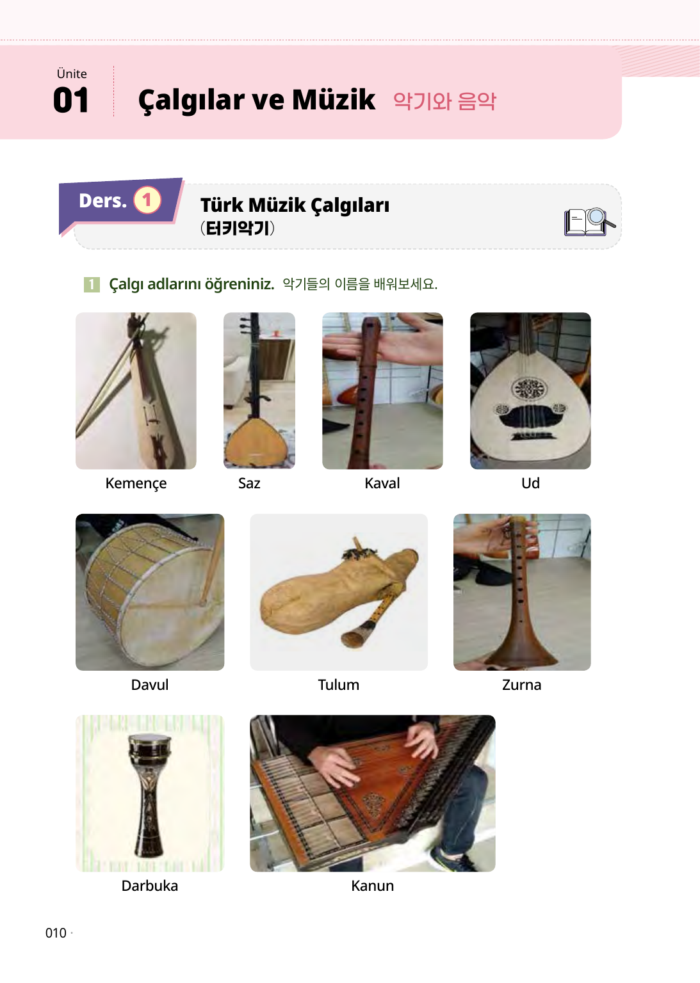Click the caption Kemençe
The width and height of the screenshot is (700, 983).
[x=136, y=483]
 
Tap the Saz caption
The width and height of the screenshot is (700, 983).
[x=249, y=483]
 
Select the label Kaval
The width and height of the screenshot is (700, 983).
[x=382, y=483]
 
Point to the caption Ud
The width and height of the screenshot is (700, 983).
[x=530, y=483]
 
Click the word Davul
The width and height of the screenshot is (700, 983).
[x=150, y=685]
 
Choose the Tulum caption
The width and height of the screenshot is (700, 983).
[x=339, y=685]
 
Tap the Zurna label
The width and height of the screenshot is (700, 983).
[x=522, y=685]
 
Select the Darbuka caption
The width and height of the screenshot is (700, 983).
[x=150, y=886]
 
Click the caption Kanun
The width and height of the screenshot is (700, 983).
[x=372, y=886]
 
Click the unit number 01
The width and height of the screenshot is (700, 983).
[x=70, y=100]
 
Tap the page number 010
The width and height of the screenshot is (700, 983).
[x=56, y=932]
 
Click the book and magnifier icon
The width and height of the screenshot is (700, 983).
[x=589, y=221]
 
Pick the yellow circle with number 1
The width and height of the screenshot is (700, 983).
[x=147, y=200]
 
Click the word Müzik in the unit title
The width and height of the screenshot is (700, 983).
[x=334, y=100]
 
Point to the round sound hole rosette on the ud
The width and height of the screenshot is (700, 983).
[x=530, y=389]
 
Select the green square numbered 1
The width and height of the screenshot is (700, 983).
[x=92, y=284]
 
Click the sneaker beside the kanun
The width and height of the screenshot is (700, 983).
[x=452, y=860]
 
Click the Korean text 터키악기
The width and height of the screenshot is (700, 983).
[x=238, y=228]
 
